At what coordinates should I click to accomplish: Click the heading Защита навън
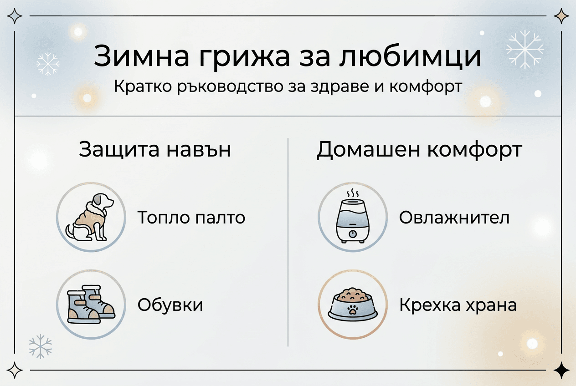(x=154, y=150)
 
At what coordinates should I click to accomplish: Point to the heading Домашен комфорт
(x=419, y=150)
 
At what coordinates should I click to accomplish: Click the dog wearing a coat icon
(x=91, y=217)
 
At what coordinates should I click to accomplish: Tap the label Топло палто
(x=191, y=218)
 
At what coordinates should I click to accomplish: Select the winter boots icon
(x=91, y=305)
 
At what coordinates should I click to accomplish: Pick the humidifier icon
(x=352, y=217)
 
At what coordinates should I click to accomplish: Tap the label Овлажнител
(x=454, y=218)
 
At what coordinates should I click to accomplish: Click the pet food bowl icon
(x=352, y=305)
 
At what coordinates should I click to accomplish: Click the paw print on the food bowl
(x=352, y=310)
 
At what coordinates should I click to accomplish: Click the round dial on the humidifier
(x=352, y=234)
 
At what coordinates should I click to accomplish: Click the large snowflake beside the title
(x=525, y=49)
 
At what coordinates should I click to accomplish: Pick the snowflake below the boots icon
(x=40, y=346)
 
